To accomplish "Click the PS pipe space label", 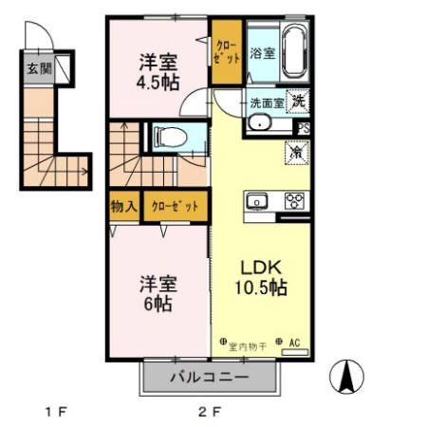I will pyautogui.click(x=304, y=128).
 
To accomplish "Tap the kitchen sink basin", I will pyautogui.click(x=257, y=201).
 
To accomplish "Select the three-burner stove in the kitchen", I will pyautogui.click(x=294, y=200).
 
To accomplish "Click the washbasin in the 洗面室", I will pyautogui.click(x=259, y=123).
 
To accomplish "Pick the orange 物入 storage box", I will pyautogui.click(x=124, y=205).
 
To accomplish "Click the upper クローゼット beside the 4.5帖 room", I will pyautogui.click(x=226, y=52).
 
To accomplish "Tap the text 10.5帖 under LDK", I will pyautogui.click(x=262, y=287).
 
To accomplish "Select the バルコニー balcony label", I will pyautogui.click(x=210, y=377).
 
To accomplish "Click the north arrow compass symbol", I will pyautogui.click(x=348, y=377).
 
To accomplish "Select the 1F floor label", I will pyautogui.click(x=54, y=412).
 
